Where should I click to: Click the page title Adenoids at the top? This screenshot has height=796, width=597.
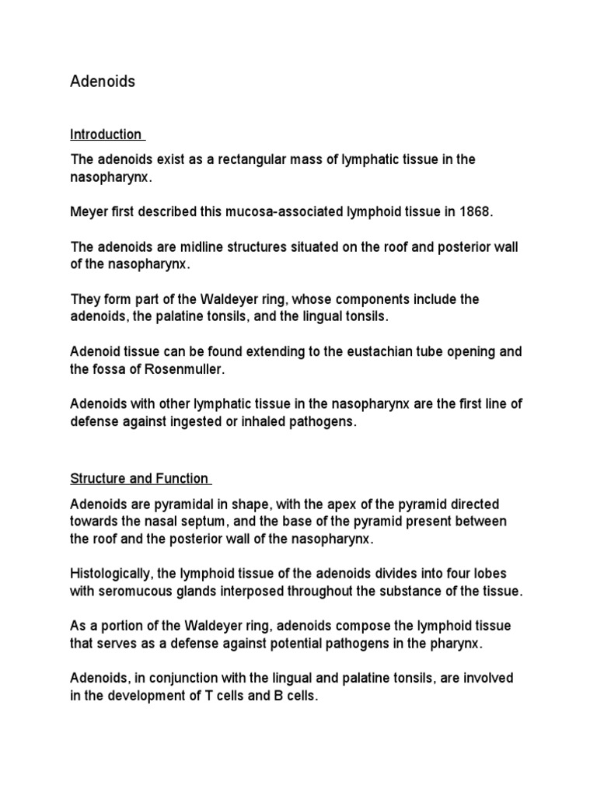pos(103,82)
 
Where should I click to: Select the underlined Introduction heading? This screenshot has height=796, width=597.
pos(106,134)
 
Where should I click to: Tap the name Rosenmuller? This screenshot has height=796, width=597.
pos(185,368)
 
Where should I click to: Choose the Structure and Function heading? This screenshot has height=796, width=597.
pos(140,478)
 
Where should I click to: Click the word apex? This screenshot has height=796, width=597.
pos(331,503)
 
